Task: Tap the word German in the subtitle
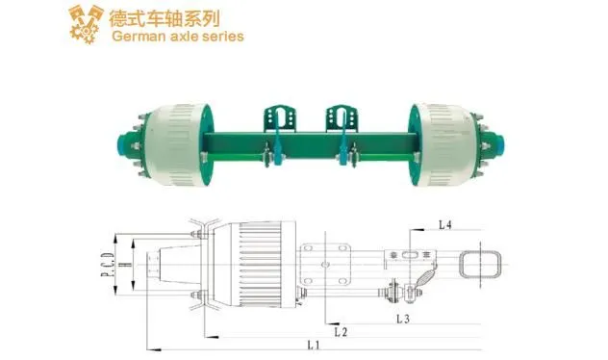point(139,37)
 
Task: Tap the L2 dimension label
point(341,331)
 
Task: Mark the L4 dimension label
point(445,224)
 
